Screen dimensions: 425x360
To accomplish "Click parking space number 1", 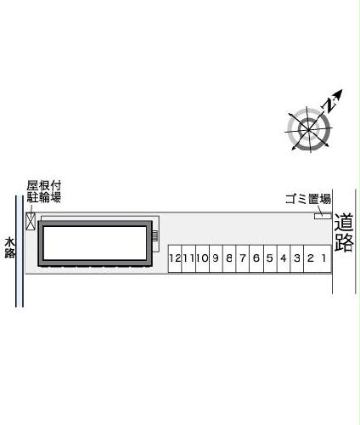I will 323,258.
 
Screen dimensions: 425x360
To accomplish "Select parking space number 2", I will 311,258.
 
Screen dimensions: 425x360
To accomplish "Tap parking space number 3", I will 296,258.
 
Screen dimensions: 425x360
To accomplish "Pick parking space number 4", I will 283,258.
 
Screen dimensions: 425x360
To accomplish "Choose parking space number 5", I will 269,258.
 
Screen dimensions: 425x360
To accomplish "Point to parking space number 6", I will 256,258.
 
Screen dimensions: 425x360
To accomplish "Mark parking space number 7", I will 243,258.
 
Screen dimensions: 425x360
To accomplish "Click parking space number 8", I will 229,258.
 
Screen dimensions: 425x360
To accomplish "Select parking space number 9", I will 216,258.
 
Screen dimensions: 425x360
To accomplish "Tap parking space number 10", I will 202,258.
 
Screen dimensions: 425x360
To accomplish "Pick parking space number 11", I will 188,258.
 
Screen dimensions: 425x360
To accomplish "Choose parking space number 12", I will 175,258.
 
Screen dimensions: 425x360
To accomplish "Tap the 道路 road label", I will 343,232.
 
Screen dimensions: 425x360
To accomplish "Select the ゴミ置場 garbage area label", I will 307,200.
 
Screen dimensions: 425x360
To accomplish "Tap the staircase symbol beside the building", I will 155,239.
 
